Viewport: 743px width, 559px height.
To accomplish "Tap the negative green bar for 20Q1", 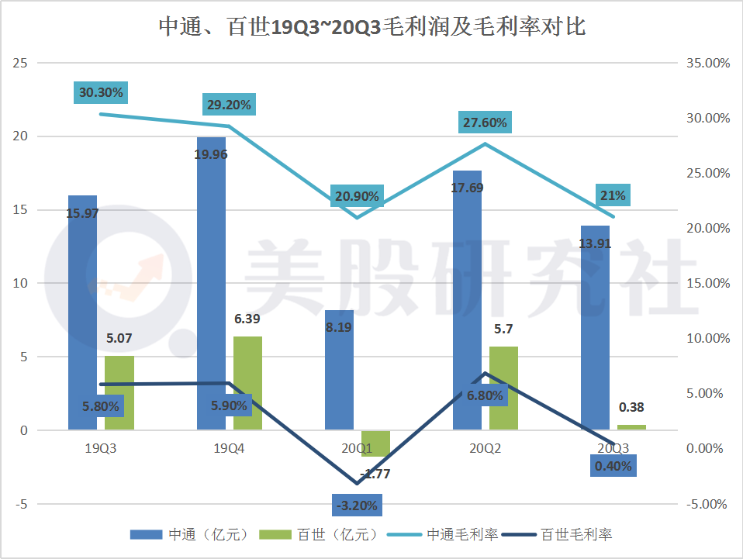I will tap(375, 443).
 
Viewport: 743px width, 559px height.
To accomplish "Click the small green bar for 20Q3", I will tap(631, 427).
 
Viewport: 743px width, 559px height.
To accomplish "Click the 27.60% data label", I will tap(485, 122).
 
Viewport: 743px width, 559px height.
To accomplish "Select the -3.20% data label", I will tap(358, 506).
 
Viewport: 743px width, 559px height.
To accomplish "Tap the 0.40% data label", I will tap(613, 466).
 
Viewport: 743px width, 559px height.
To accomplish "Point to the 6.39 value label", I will tap(247, 319).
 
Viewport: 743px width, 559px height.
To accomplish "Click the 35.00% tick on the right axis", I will tap(708, 63).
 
